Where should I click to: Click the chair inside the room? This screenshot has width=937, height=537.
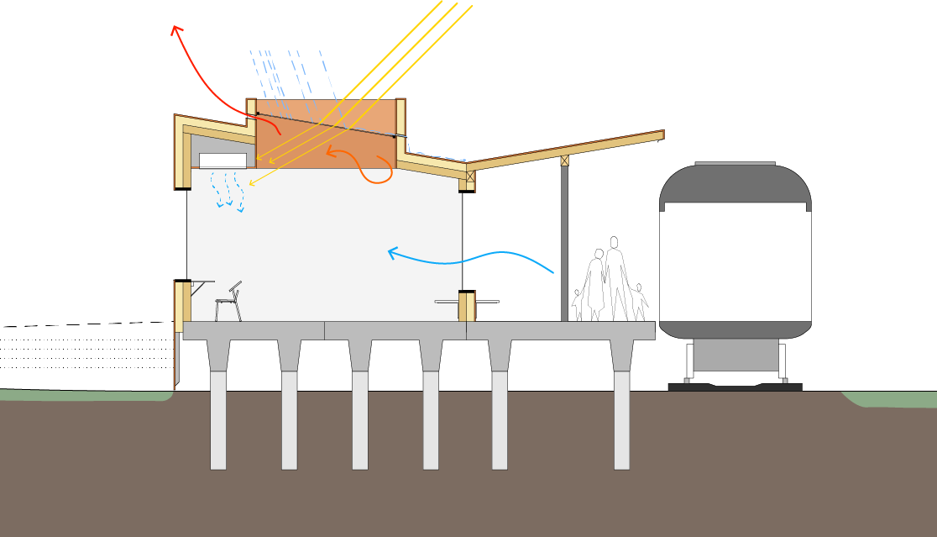tap(228, 303)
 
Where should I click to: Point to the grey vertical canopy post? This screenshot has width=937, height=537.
tap(564, 244)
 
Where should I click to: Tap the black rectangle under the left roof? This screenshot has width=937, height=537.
tap(222, 161)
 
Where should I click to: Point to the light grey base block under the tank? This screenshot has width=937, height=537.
tap(735, 354)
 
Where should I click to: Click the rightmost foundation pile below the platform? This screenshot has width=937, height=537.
tap(621, 420)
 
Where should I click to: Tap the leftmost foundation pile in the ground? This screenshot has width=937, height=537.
tap(217, 420)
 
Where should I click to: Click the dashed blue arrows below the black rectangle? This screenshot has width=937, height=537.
tap(228, 191)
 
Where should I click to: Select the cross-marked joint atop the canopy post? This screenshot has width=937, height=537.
tap(565, 161)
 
